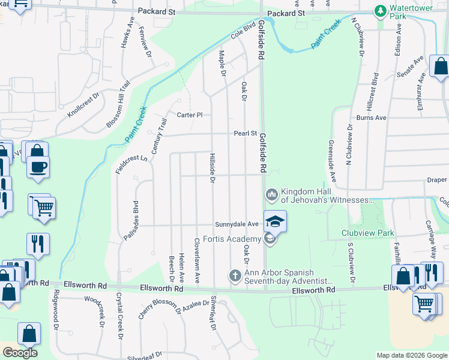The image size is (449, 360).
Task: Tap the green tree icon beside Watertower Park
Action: coord(379,10)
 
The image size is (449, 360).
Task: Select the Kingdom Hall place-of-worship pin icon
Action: coord(271,194)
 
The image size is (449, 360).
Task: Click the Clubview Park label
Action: coord(367,233)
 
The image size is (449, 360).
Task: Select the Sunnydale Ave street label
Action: coord(237,224)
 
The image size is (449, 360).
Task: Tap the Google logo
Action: coord(20,352)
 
